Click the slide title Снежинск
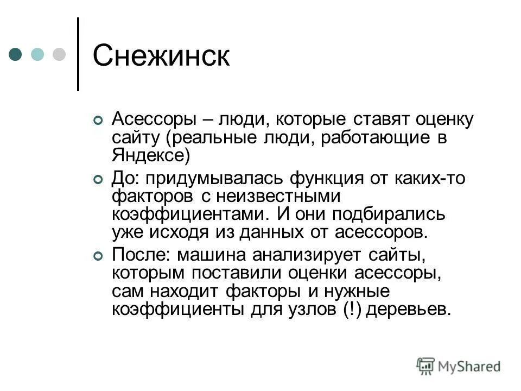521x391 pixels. (x=161, y=55)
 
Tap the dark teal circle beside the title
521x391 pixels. (x=16, y=54)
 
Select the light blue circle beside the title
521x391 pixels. (x=37, y=54)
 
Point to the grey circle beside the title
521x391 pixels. (x=58, y=54)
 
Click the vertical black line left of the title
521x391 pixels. (x=78, y=54)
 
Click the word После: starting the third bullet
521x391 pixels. (x=141, y=255)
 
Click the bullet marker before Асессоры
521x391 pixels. (x=98, y=121)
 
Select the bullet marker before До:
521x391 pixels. (x=98, y=180)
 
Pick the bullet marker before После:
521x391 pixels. (x=98, y=256)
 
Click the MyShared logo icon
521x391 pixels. (x=425, y=365)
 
